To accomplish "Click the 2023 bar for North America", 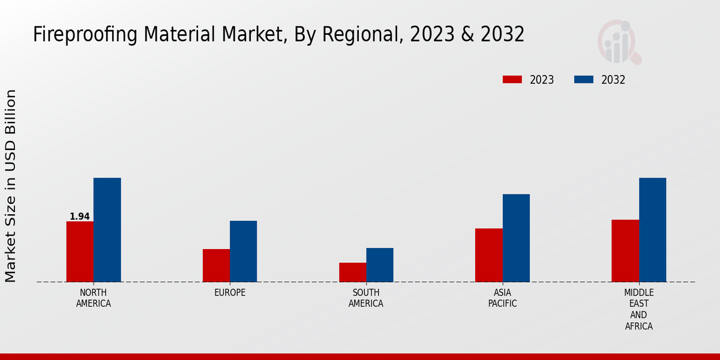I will tap(80, 251).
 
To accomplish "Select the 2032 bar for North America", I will tap(107, 230).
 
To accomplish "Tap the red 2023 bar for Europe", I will tap(216, 265).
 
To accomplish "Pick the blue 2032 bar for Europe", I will tap(243, 251).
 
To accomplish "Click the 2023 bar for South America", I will tap(352, 272).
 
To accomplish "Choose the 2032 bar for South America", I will tap(380, 265).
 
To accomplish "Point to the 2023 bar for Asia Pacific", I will tap(488, 255).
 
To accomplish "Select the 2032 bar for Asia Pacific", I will tap(516, 238).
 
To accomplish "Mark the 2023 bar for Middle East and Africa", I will tap(625, 251).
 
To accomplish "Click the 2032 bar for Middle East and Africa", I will tap(652, 230).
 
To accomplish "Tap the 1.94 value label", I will tap(80, 217).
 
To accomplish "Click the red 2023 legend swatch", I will tap(512, 80).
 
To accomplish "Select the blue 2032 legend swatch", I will tap(584, 80).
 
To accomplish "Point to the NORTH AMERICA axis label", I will tap(94, 298).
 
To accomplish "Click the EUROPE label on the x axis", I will tap(230, 293).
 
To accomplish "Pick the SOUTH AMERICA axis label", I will tap(366, 298).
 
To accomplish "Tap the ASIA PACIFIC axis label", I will tap(502, 298).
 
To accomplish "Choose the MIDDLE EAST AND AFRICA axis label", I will tap(638, 310).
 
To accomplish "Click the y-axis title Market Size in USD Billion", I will tap(11, 186).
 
